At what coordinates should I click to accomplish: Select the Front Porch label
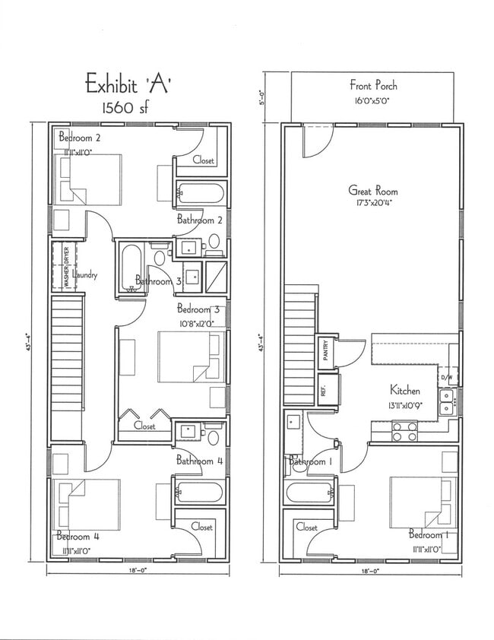[373, 85]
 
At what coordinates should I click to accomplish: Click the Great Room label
[372, 191]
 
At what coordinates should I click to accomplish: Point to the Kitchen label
[405, 391]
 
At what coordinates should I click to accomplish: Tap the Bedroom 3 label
[198, 309]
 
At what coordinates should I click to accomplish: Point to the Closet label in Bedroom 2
[203, 160]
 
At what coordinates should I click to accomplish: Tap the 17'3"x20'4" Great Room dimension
[373, 203]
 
